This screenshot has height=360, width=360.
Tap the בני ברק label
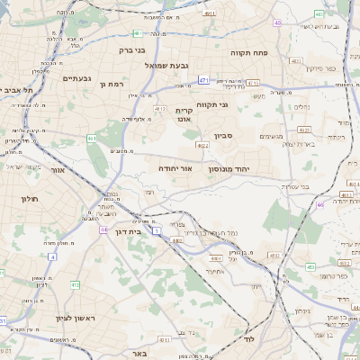pos(133,50)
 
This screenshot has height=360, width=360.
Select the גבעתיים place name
pos(76,78)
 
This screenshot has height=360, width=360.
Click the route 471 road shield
pos(204,80)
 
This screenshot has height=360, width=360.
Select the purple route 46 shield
pos(319,204)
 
